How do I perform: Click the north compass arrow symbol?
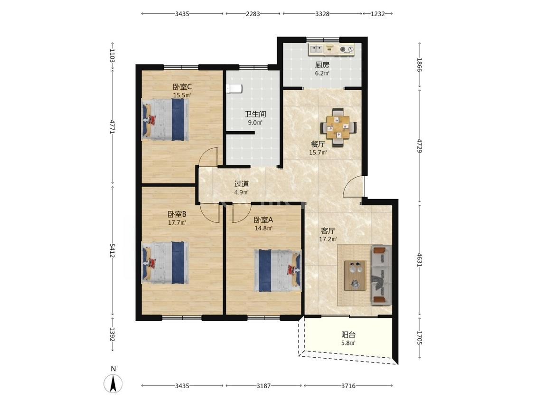(113, 383)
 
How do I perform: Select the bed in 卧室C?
(165, 120)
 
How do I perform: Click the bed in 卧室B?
(165, 263)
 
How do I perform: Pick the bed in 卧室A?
(278, 271)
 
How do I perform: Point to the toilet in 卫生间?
(234, 89)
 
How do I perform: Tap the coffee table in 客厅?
(355, 276)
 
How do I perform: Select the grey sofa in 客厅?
(382, 275)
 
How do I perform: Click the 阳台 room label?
(348, 335)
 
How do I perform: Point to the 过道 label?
(242, 184)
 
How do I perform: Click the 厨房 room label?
(322, 65)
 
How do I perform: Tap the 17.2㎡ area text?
(328, 239)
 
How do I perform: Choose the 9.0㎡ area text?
(255, 123)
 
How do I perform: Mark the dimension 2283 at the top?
(253, 14)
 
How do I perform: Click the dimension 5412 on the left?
(112, 251)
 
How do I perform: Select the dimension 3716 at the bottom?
(348, 386)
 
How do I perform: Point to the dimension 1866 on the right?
(419, 65)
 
